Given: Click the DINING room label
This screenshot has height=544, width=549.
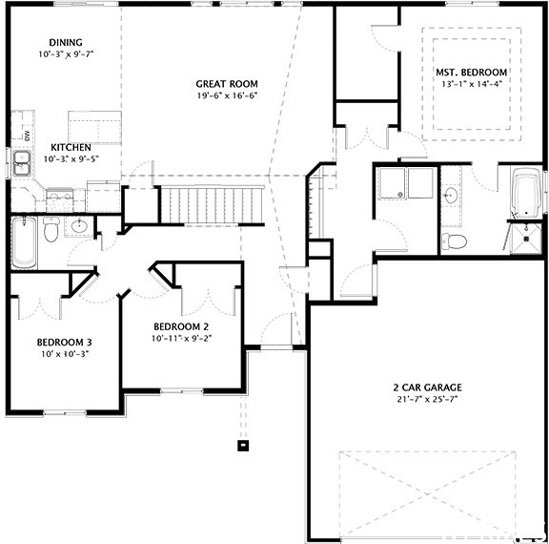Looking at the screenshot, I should (66, 42).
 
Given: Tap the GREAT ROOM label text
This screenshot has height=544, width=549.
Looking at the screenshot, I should (227, 84).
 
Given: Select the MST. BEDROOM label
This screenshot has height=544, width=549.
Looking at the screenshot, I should (471, 73).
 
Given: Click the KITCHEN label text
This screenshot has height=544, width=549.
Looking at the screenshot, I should (71, 147).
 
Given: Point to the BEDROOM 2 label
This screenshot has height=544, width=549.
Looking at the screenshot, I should (181, 325).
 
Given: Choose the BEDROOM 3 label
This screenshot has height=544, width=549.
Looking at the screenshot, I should (64, 342).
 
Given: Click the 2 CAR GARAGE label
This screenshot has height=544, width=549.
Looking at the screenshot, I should (427, 387).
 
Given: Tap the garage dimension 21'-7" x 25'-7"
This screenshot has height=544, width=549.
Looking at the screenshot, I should (427, 399).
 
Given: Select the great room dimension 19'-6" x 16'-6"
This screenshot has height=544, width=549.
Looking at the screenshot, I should (227, 95).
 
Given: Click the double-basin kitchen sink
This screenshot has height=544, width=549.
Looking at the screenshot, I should (20, 163).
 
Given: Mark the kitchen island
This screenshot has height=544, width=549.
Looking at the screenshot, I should (94, 126).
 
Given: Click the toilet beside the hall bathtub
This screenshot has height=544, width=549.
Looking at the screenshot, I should (51, 228).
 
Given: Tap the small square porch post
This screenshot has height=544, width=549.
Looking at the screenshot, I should (243, 444).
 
